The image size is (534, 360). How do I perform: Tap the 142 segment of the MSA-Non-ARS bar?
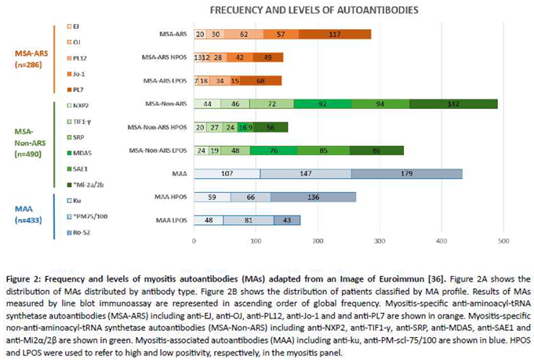453,104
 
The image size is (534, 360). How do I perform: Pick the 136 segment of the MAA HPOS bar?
313,198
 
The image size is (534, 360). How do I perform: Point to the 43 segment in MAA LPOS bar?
287,220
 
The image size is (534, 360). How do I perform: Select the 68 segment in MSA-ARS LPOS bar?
260,81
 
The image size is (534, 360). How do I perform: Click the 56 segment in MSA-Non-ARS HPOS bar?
271,127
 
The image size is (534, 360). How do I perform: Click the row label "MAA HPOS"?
170,198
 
